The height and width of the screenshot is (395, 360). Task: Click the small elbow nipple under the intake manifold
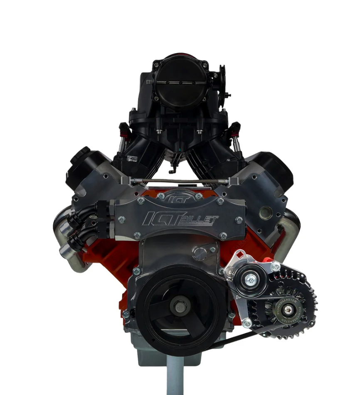click(x=172, y=170)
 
